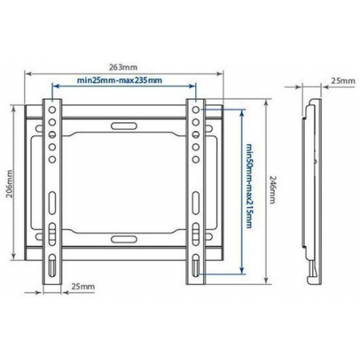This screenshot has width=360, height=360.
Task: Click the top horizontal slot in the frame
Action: coord(124,126)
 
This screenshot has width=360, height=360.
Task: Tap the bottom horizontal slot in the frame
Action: coord(124,238)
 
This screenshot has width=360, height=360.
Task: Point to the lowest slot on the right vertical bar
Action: coord(197,268)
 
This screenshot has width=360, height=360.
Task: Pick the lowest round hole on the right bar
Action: coord(197,159)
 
